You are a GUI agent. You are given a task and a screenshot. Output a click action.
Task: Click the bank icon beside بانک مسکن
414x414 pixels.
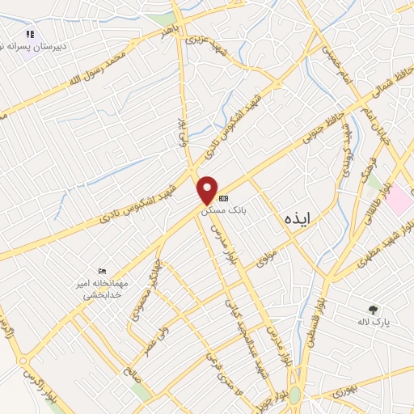224,197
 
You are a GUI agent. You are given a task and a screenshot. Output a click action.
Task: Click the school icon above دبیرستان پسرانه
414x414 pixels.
30,35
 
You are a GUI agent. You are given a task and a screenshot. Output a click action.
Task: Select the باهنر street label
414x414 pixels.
169,32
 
